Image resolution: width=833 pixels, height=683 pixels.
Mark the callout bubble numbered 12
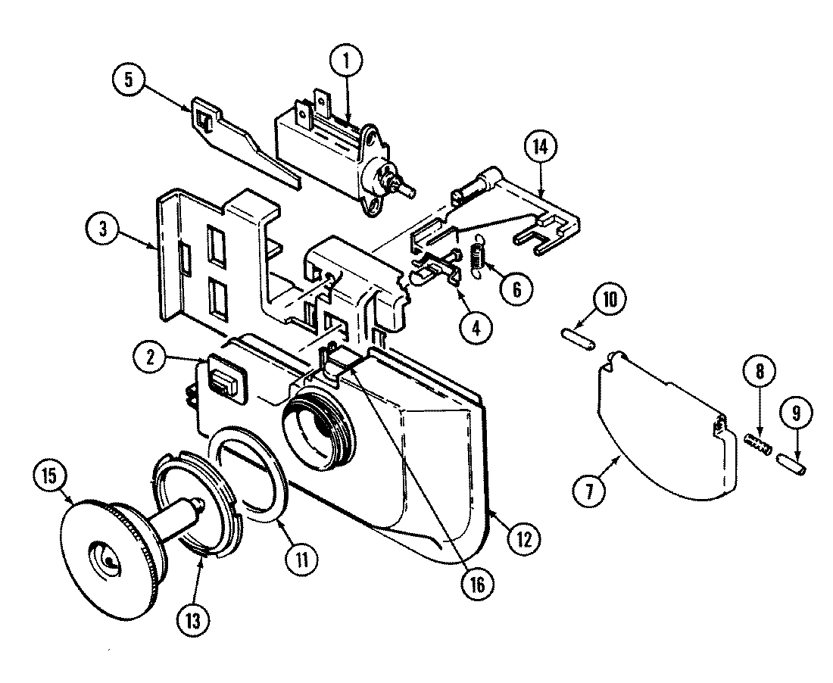[523, 538]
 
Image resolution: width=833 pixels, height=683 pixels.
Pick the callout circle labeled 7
[591, 489]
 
